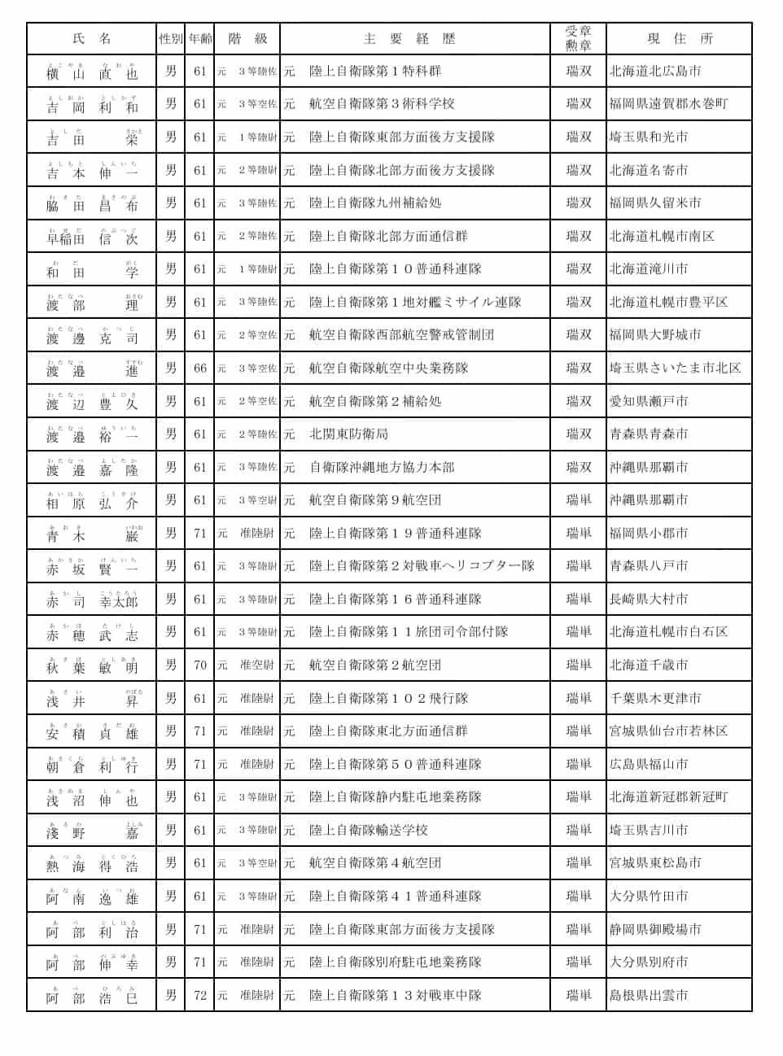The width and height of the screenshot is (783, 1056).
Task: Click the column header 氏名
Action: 92,39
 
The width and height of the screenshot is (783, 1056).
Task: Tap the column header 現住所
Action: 680,39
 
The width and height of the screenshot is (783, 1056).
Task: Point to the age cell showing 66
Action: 200,369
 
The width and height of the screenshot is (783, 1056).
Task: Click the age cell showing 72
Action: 200,995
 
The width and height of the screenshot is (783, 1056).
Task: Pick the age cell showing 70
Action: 200,665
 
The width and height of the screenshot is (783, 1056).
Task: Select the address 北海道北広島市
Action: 655,72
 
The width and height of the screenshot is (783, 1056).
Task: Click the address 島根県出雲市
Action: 649,995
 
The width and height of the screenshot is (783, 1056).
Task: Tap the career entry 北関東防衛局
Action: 348,434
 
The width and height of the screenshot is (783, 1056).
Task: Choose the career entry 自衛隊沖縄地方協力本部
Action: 382,468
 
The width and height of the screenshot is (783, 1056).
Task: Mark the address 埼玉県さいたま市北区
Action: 676,369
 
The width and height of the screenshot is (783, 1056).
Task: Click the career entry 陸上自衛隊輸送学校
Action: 368,831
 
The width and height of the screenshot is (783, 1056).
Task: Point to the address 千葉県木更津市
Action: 655,698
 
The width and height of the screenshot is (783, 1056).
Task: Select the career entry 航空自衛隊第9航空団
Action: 375,500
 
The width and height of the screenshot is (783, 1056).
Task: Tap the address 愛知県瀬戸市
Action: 649,402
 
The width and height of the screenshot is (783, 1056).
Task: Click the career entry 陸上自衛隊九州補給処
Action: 375,203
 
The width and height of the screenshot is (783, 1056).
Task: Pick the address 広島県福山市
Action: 649,765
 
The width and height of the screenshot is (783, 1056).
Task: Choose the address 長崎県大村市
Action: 649,600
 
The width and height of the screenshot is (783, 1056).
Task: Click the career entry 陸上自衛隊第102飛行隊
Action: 388,698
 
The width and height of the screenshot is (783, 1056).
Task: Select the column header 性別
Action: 171,39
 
